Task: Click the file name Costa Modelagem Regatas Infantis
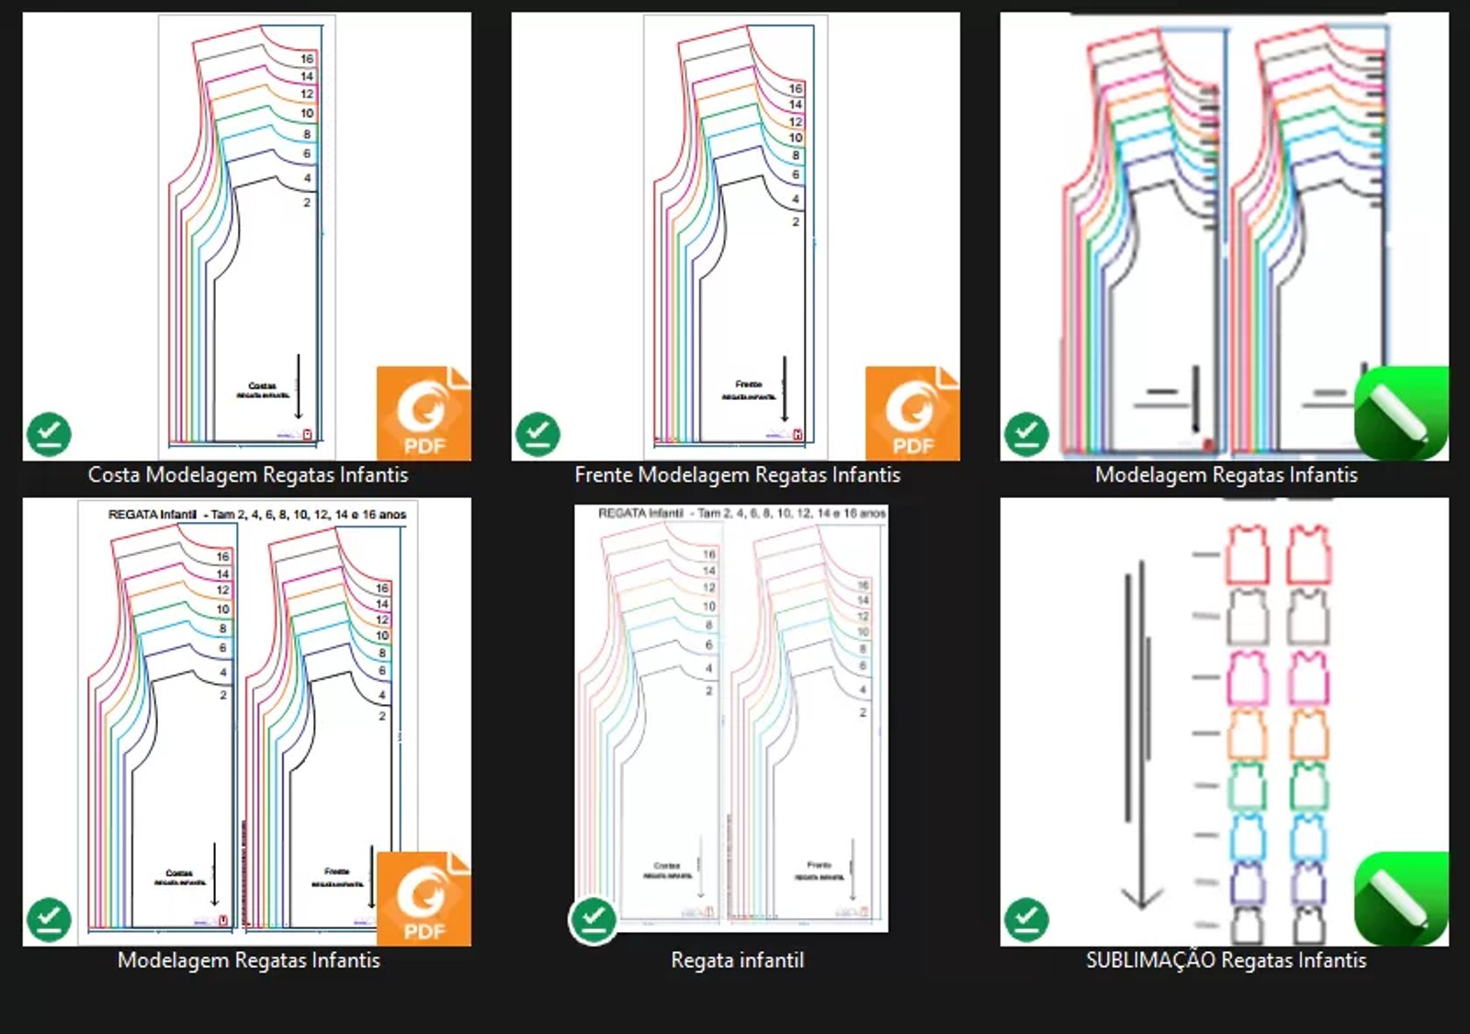coord(247,475)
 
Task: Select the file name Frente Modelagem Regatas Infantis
coord(737,475)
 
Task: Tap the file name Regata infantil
coord(737,960)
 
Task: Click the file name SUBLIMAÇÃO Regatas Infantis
coord(1226,960)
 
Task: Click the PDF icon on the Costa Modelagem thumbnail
coord(424,414)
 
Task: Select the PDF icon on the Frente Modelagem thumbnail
coord(912,414)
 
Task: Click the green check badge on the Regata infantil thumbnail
coord(594,919)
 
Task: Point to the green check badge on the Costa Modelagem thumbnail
coord(49,434)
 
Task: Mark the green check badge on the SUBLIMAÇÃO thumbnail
coord(1026,919)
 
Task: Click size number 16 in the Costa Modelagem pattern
coord(307,59)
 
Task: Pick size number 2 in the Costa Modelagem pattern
coord(307,202)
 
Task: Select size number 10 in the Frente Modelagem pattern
coord(796,138)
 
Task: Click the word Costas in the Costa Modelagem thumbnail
coord(262,386)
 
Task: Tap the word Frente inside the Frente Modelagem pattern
coord(749,384)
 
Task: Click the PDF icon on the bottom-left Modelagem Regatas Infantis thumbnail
coord(424,899)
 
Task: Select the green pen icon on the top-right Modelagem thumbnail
coord(1401,414)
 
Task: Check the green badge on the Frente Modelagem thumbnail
coord(537,434)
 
